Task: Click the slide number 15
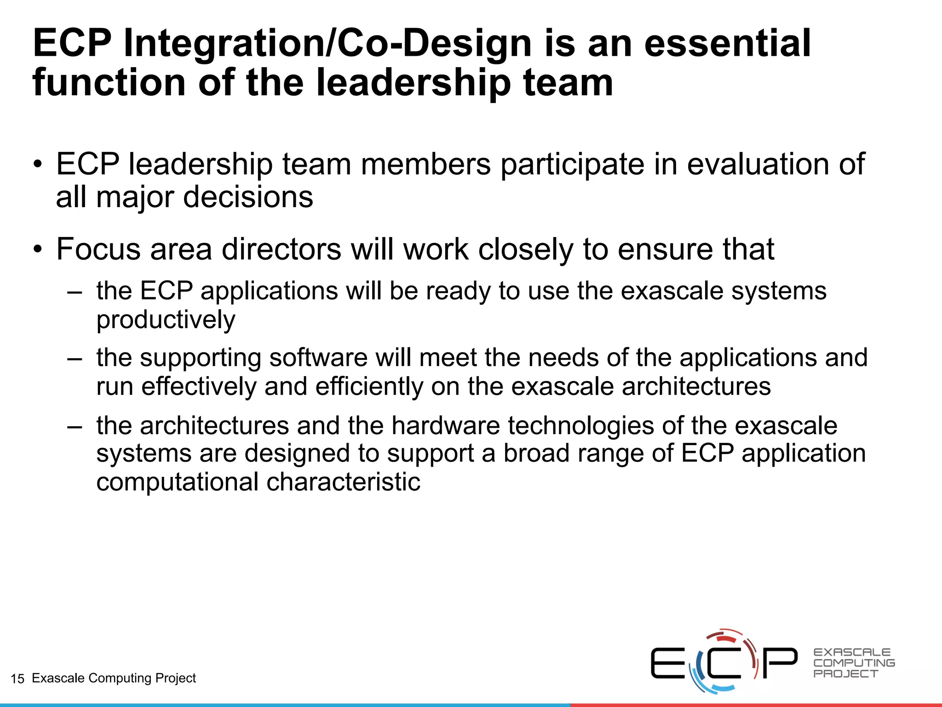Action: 17,678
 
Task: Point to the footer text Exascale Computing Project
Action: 114,678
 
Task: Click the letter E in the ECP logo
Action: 667,663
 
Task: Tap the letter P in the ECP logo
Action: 780,663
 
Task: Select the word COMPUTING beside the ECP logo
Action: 854,663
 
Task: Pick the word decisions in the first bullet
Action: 248,197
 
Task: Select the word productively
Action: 166,319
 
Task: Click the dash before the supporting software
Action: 75,358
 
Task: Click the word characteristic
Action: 343,482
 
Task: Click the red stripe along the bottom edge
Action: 754,705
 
